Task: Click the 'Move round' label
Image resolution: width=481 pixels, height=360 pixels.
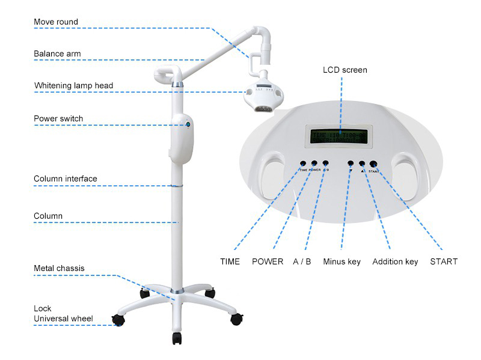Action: (x=56, y=22)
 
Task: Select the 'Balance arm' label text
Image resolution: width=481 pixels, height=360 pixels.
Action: (x=57, y=53)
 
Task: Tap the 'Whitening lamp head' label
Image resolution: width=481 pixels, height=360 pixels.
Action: (x=73, y=85)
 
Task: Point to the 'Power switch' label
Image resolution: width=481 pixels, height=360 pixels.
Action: (x=58, y=118)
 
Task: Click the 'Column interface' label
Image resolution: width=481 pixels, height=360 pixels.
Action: (x=65, y=178)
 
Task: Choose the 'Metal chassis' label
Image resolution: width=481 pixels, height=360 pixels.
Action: (x=59, y=268)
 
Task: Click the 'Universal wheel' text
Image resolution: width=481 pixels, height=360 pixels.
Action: (x=63, y=318)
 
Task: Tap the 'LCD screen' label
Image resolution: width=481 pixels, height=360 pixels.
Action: (x=345, y=70)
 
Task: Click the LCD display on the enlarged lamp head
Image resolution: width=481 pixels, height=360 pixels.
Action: (x=341, y=136)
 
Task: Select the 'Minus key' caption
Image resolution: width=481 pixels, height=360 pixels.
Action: (x=342, y=261)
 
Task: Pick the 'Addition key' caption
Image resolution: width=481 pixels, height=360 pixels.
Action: (x=395, y=261)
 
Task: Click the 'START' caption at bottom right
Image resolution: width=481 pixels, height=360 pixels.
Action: (x=444, y=261)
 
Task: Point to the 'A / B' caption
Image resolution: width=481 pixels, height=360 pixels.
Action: (x=302, y=261)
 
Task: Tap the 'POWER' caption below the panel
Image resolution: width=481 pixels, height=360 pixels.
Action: (x=268, y=261)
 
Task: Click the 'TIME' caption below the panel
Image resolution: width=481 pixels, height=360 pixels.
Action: (x=230, y=261)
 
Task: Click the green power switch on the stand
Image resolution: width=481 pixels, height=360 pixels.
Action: (x=188, y=124)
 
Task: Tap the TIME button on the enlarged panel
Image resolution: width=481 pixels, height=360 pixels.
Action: (x=303, y=163)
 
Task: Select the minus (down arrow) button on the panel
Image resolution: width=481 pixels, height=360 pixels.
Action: (x=351, y=163)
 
